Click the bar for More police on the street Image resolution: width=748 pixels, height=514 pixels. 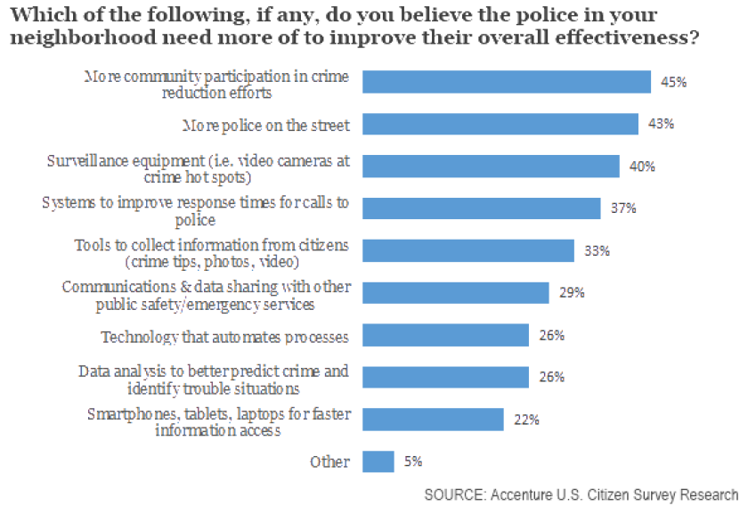(501, 125)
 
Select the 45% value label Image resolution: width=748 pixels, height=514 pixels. (674, 82)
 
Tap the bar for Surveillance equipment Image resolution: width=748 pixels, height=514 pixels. (492, 167)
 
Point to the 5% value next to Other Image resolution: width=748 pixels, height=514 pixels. (413, 461)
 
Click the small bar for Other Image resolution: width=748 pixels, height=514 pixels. (378, 461)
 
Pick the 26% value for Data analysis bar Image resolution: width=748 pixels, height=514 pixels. (552, 377)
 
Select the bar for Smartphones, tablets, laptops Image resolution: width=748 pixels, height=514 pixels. (434, 420)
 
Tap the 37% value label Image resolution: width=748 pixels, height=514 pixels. (623, 208)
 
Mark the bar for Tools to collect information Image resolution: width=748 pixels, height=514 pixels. (468, 251)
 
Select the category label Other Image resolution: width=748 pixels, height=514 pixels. (330, 461)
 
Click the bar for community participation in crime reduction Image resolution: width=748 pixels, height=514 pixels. (507, 82)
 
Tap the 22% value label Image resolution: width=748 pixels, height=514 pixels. (526, 420)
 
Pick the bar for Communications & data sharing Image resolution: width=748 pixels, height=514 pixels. (456, 293)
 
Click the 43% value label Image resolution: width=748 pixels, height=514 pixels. (662, 125)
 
